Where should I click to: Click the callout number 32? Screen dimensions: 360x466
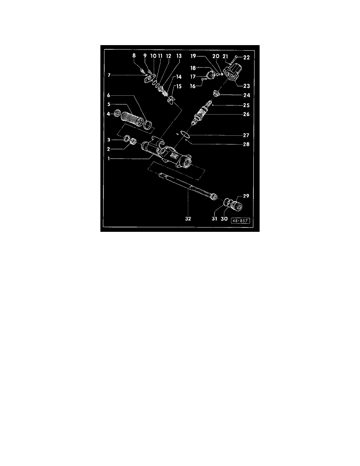[188, 219]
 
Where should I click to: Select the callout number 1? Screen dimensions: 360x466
[109, 159]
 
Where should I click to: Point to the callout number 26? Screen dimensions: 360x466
[246, 114]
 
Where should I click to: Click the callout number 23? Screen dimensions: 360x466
[247, 86]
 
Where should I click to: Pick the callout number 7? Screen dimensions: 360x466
[109, 75]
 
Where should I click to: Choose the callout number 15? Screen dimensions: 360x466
[178, 86]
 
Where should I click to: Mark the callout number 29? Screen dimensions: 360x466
[246, 196]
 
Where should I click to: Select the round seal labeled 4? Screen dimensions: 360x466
[117, 113]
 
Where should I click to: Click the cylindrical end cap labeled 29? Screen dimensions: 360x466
[238, 206]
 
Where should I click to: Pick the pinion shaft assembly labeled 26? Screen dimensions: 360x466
[202, 113]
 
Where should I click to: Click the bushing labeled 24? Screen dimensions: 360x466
[216, 95]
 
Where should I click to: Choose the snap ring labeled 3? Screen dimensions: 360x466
[126, 139]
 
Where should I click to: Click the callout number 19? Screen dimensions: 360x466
[193, 56]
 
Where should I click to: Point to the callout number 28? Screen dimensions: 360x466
[246, 144]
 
